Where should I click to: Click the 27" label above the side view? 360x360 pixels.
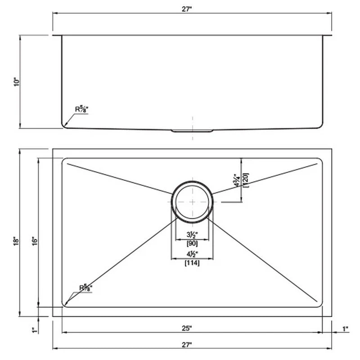[187, 9]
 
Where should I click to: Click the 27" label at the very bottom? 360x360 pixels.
[187, 345]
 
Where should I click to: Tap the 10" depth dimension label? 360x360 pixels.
[17, 82]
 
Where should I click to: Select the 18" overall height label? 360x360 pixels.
[16, 241]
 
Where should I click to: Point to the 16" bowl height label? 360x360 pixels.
[35, 241]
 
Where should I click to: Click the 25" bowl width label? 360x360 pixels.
[187, 328]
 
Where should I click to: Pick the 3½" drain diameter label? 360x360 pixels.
[192, 234]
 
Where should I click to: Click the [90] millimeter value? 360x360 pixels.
[192, 243]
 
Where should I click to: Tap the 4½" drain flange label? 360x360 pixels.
[192, 254]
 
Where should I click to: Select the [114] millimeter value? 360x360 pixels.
[192, 263]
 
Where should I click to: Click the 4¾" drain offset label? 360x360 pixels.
[237, 181]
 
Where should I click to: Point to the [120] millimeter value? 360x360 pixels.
[245, 180]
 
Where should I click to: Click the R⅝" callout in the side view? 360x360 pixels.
[82, 109]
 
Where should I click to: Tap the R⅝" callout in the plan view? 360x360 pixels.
[85, 288]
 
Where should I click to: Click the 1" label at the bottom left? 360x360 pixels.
[35, 330]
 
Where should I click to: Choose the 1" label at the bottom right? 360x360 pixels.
[345, 329]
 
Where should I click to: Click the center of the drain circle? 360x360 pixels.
[193, 202]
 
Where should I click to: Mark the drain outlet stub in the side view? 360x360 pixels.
[192, 131]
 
